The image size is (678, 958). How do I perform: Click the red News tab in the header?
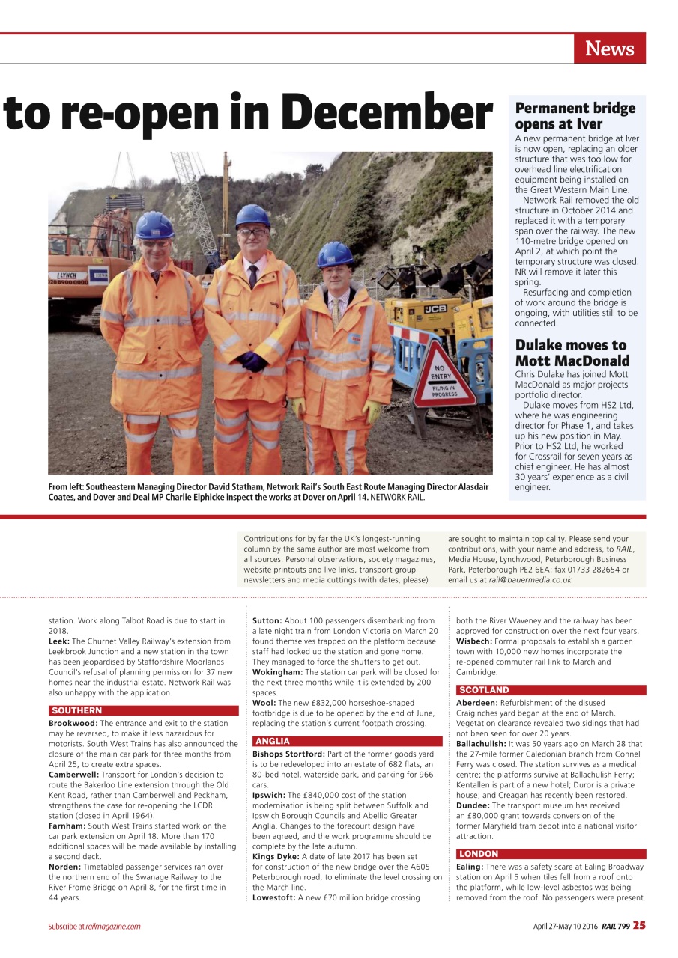609,49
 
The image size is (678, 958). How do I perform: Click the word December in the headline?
389,113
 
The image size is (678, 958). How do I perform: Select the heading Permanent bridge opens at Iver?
575,116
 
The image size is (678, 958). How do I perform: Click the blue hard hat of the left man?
154,225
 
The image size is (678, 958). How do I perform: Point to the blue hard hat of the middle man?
252,216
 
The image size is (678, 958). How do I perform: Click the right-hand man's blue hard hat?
335,254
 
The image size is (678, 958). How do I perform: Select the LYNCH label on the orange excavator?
68,276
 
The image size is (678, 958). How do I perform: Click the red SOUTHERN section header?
77,710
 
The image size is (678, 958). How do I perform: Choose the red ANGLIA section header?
271,741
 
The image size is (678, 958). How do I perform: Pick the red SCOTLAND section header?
484,690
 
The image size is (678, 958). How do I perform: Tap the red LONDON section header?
479,854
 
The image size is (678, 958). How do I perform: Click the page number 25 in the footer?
638,925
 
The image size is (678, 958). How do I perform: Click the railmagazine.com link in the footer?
113,926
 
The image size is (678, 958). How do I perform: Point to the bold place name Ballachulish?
481,744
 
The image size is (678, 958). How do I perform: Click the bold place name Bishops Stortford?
288,754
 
